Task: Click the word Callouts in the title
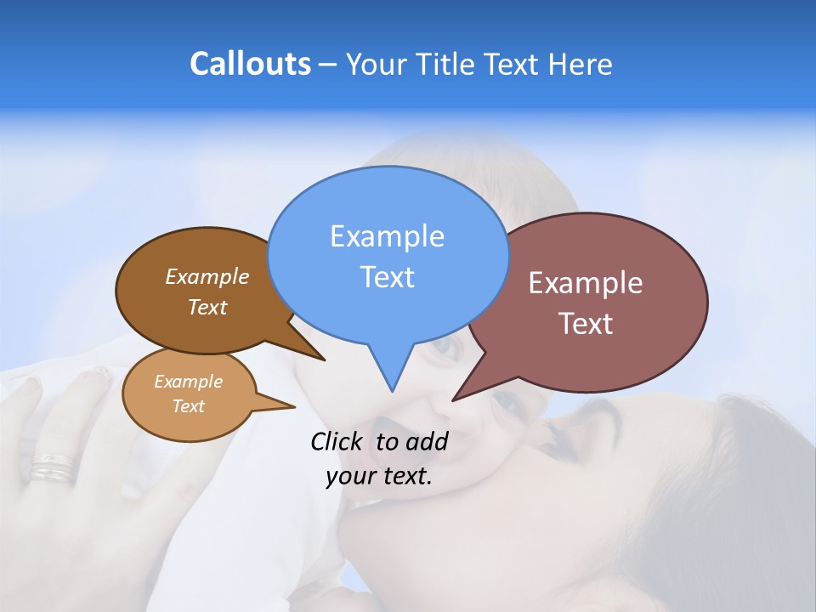250,64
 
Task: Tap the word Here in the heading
580,65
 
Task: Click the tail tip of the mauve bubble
453,399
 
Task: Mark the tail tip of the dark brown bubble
324,360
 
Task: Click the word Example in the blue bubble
387,236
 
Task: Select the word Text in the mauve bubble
586,324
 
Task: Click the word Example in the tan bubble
188,382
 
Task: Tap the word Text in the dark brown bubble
207,307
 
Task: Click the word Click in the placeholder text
336,441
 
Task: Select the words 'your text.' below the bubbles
379,476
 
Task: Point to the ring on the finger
53,466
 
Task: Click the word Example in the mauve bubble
586,283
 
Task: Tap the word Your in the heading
376,65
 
